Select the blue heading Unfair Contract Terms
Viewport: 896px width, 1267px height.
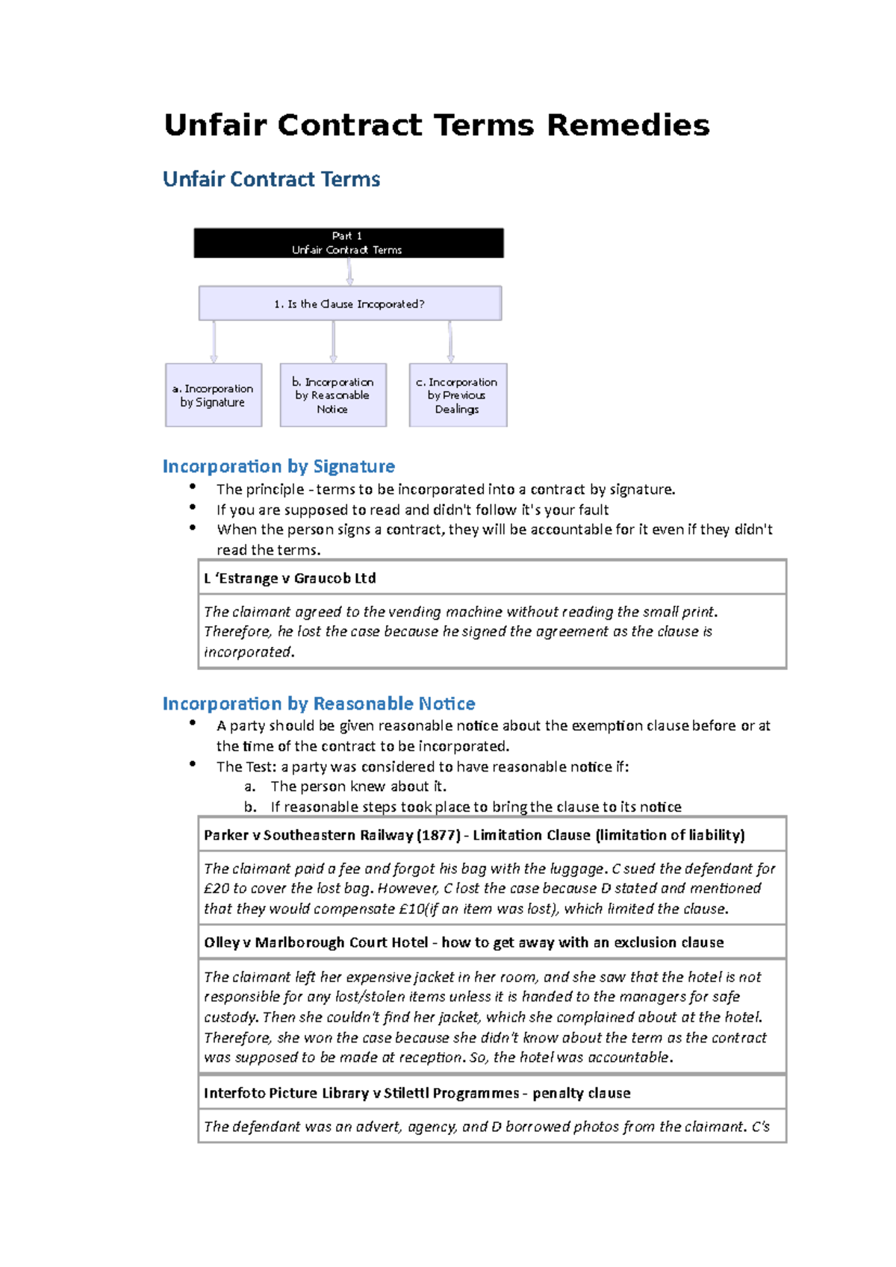(x=271, y=179)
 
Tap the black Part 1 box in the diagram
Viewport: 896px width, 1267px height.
(x=348, y=243)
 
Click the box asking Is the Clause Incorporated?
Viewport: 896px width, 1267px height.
(x=349, y=304)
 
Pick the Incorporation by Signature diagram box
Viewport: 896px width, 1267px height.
(x=213, y=395)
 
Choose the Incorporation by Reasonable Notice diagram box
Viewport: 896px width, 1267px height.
(x=332, y=395)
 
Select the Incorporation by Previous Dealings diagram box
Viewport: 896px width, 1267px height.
(x=457, y=395)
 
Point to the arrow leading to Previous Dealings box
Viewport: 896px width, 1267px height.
(x=450, y=342)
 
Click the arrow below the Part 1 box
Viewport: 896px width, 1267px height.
(x=349, y=272)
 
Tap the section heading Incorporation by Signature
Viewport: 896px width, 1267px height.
(x=279, y=466)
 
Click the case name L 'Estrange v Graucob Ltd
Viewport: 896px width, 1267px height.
(x=290, y=578)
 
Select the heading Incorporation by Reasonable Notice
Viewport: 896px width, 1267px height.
(x=319, y=704)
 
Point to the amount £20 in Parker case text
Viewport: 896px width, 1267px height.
(x=217, y=889)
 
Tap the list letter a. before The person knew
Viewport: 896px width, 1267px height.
(x=250, y=786)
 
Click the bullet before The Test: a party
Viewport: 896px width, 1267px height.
(x=193, y=764)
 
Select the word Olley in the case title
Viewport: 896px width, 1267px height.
(x=222, y=942)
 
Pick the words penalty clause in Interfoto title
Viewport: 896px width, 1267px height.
(x=581, y=1093)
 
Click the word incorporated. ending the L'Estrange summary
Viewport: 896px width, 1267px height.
(x=249, y=652)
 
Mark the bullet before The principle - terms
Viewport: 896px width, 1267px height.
(x=193, y=487)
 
